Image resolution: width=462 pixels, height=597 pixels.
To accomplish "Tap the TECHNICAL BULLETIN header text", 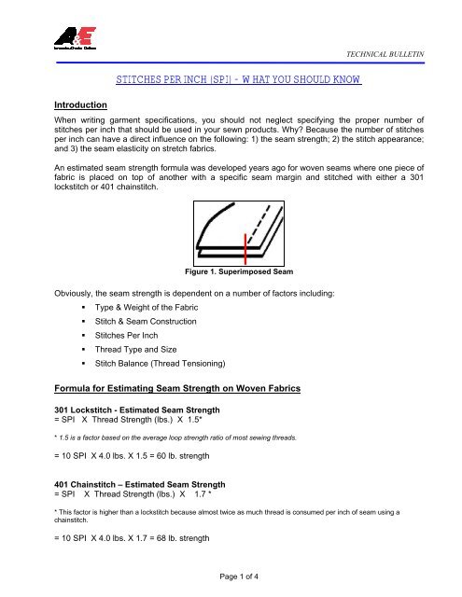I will (x=386, y=56).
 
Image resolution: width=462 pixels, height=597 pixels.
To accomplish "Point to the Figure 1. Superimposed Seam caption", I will (x=231, y=272).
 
